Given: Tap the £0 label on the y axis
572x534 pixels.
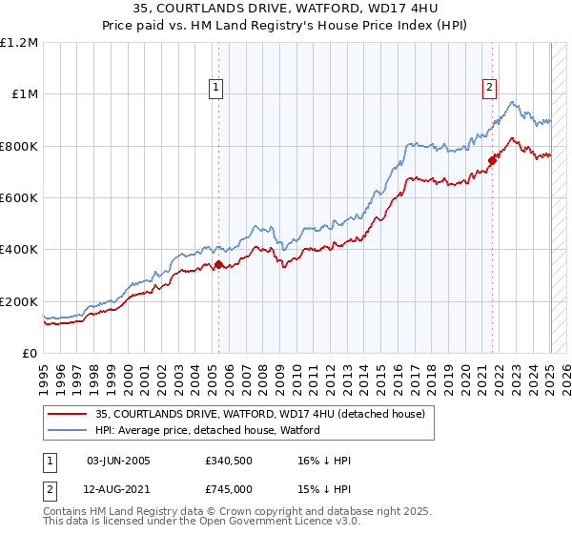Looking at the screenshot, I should click(29, 354).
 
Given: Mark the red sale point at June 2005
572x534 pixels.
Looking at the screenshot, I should click(219, 265).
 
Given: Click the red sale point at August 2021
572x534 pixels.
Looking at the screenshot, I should click(493, 160).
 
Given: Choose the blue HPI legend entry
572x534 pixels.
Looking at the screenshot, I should click(208, 430).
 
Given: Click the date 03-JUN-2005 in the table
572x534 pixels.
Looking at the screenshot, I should click(118, 461).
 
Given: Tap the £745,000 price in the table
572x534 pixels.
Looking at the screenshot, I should click(229, 488).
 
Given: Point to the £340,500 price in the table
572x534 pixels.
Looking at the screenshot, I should click(229, 461).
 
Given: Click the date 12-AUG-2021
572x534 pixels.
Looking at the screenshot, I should click(118, 488).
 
